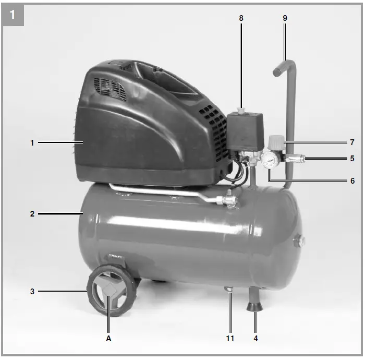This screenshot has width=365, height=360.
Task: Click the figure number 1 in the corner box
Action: (13, 15)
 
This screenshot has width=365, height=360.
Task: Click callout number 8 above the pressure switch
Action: (241, 18)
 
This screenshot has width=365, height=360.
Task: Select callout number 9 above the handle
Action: (285, 18)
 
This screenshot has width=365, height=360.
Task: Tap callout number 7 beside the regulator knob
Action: (352, 142)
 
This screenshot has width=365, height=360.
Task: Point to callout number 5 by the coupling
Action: (352, 158)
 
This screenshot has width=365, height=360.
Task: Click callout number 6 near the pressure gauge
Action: (352, 181)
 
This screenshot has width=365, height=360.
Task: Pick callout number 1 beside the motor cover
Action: (32, 142)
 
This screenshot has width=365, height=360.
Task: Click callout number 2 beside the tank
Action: (32, 213)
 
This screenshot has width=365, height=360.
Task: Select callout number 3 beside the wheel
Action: (32, 291)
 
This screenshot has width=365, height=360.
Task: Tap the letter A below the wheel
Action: (109, 338)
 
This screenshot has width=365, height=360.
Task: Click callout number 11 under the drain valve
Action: (230, 338)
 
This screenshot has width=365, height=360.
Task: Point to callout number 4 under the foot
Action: (256, 338)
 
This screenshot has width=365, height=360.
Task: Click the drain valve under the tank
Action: (229, 289)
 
